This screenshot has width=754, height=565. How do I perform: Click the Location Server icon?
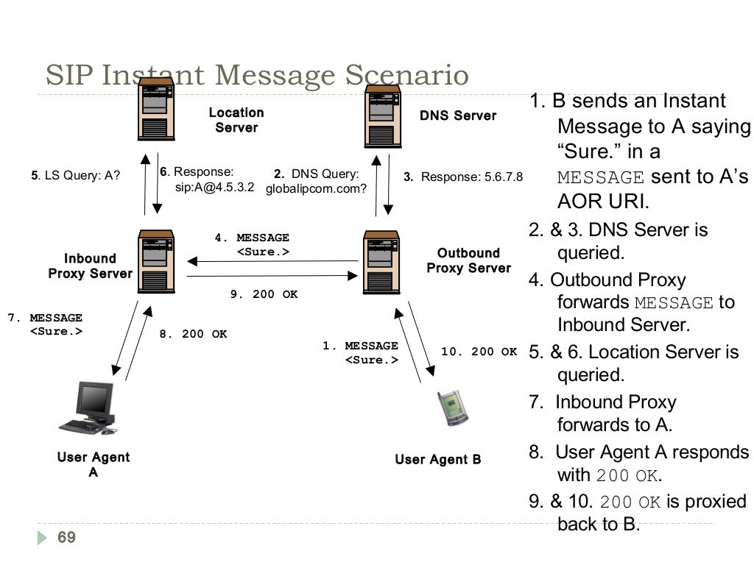(155, 112)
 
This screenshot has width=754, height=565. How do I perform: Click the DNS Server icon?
(382, 116)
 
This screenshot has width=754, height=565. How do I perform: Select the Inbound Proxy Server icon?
(156, 261)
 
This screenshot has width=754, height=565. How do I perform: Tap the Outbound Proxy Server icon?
(382, 262)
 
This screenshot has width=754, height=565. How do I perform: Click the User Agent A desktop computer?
(88, 409)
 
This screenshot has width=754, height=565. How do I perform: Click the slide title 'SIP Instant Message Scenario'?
(257, 76)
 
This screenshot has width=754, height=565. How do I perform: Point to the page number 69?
(66, 538)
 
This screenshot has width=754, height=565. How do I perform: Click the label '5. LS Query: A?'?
(76, 176)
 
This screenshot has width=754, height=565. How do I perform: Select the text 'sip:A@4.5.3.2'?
(215, 187)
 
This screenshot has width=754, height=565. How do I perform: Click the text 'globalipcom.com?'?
(316, 188)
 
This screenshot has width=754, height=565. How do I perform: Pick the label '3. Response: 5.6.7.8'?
(462, 177)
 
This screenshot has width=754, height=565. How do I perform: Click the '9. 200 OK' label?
(264, 294)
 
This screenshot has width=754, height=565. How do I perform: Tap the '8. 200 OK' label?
(193, 334)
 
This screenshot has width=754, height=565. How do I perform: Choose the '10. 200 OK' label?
(479, 352)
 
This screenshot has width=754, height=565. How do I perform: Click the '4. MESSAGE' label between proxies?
(252, 238)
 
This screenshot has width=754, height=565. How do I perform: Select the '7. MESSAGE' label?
(45, 318)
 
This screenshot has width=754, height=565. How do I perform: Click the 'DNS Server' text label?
(458, 116)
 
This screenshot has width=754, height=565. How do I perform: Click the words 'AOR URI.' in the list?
(602, 202)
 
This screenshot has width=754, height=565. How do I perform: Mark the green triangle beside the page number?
(43, 539)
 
